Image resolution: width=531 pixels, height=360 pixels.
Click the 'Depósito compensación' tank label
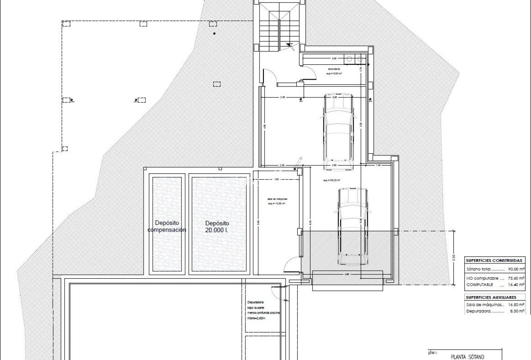click(167, 226)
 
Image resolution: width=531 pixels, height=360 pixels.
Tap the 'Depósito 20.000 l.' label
click(217, 226)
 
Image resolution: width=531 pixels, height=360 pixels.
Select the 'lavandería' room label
click(334, 69)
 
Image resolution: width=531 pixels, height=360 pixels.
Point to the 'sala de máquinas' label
click(277, 199)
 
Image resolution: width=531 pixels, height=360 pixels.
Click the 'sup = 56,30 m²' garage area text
click(332, 181)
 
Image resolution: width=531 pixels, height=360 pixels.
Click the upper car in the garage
click(339, 132)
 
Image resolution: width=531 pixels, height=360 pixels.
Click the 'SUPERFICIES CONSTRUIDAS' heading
click(494, 261)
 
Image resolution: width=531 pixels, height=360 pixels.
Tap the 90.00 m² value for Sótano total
click(516, 269)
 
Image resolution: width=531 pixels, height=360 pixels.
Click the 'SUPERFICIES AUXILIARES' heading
click(491, 297)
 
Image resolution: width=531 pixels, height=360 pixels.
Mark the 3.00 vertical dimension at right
click(453, 257)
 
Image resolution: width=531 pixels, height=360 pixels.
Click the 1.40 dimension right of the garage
click(378, 165)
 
